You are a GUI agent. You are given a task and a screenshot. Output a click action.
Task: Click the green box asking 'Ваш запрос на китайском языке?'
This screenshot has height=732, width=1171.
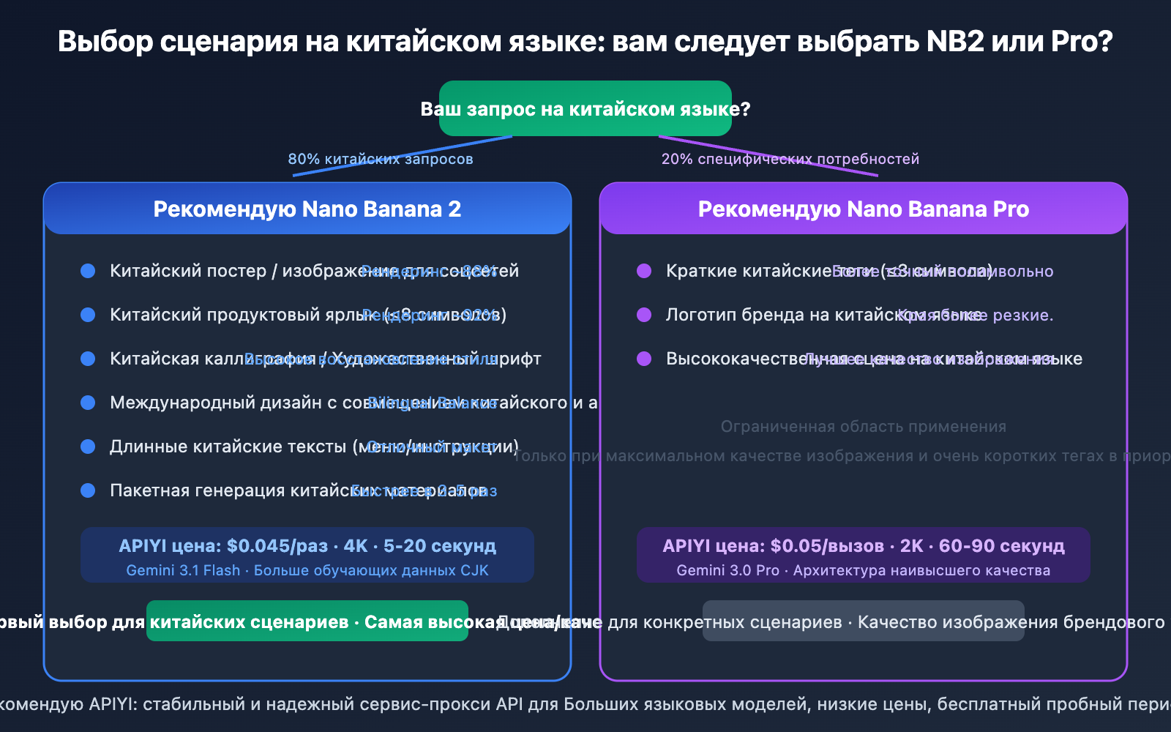(x=585, y=108)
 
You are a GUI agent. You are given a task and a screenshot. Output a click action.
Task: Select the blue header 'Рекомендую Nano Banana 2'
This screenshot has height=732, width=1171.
(x=307, y=209)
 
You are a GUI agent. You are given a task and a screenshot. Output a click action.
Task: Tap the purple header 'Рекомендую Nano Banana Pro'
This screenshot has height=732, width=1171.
(x=864, y=209)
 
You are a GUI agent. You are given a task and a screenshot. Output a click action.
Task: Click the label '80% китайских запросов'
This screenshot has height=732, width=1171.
(x=381, y=159)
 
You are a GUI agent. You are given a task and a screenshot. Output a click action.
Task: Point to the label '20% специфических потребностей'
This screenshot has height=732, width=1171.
(x=790, y=159)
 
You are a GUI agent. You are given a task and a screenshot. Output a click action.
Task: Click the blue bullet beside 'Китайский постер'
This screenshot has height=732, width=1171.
(x=88, y=271)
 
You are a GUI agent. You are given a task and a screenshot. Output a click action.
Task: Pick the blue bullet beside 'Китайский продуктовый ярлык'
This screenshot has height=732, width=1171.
(x=88, y=315)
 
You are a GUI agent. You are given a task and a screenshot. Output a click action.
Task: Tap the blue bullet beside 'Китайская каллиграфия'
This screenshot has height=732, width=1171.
(x=88, y=359)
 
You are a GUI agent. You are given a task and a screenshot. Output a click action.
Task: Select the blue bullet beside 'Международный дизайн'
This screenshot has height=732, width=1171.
(x=88, y=403)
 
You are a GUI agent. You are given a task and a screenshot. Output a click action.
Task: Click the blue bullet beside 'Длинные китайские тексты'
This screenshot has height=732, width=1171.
(x=88, y=447)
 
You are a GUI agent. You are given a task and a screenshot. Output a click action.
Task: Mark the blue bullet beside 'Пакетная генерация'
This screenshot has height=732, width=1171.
(x=88, y=490)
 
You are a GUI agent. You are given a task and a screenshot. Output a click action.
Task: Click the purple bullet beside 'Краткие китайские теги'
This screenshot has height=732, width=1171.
(x=644, y=271)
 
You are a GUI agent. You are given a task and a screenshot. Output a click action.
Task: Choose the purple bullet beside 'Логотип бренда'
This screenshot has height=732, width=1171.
(x=644, y=315)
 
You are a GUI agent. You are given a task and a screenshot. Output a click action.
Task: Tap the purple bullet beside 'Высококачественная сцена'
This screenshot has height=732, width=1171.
(x=644, y=359)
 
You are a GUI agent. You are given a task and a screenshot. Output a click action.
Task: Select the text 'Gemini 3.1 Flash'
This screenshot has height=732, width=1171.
(x=183, y=570)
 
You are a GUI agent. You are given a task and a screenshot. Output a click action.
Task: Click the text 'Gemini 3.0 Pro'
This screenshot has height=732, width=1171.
(x=727, y=570)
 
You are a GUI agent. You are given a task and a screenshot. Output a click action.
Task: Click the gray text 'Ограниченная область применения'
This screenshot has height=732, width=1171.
(x=864, y=427)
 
